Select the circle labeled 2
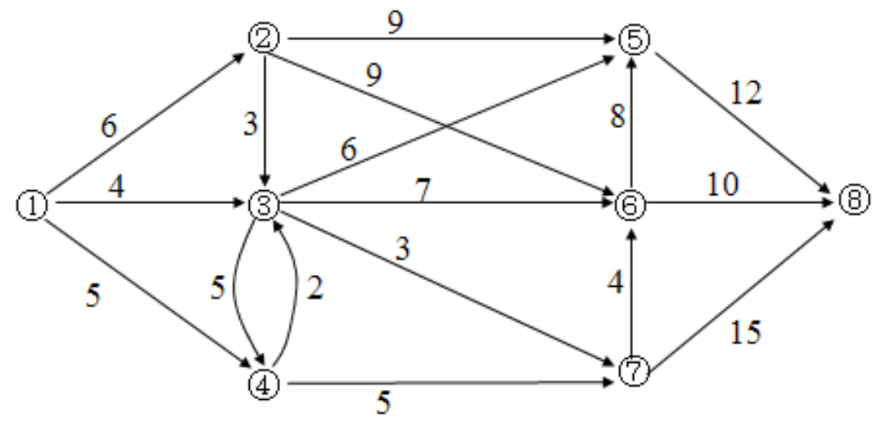264,38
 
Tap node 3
264,205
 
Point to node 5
634,38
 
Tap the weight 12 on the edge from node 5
746,95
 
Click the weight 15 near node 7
745,331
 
